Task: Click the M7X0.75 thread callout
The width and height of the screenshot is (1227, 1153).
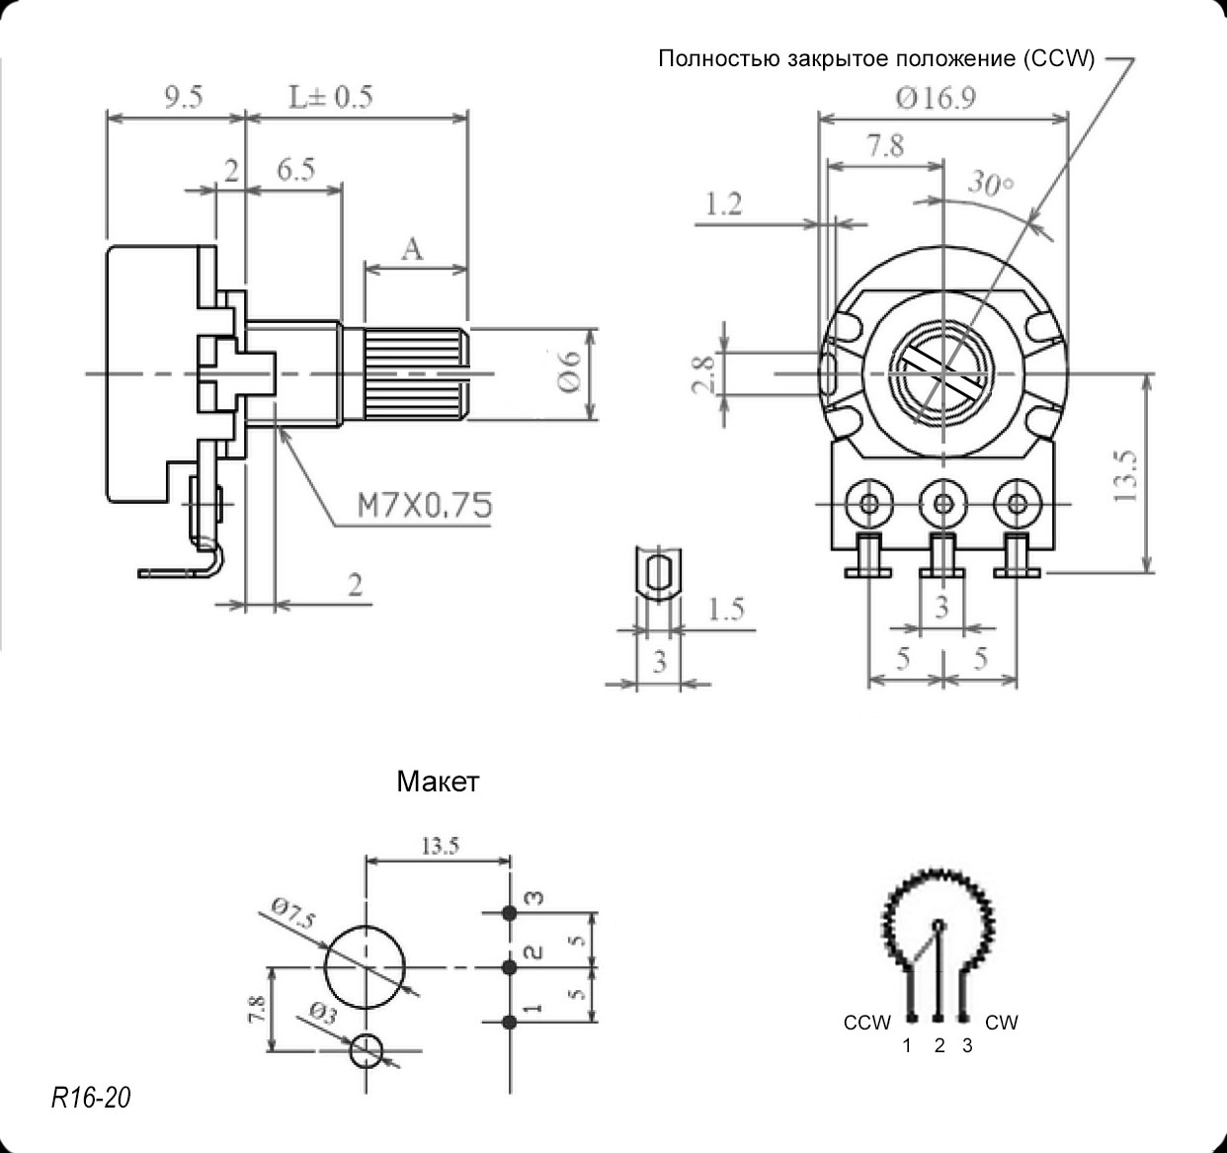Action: pyautogui.click(x=424, y=506)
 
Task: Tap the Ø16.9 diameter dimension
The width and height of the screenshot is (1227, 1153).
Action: pyautogui.click(x=936, y=98)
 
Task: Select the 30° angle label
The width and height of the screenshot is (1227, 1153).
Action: pyautogui.click(x=991, y=184)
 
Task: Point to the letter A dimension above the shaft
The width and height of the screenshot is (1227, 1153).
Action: pyautogui.click(x=412, y=248)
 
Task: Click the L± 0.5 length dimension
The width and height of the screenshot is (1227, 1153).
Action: pyautogui.click(x=330, y=97)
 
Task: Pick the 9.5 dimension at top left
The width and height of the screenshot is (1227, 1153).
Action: pyautogui.click(x=184, y=97)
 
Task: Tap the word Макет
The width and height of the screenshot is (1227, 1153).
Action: pyautogui.click(x=438, y=782)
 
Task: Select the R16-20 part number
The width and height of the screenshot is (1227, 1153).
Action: pyautogui.click(x=90, y=1097)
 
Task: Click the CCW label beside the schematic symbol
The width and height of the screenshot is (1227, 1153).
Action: pyautogui.click(x=866, y=1023)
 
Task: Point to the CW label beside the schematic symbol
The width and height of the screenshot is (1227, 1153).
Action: pyautogui.click(x=1001, y=1023)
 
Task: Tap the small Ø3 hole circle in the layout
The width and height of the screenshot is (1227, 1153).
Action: pyautogui.click(x=368, y=1050)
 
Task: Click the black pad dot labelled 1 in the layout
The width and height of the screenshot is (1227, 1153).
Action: pyautogui.click(x=510, y=1021)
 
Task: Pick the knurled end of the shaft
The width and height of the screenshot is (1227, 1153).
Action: pyautogui.click(x=414, y=374)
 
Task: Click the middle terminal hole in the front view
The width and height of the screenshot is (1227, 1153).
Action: pyautogui.click(x=943, y=505)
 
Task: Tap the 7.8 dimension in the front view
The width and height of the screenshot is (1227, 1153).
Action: pyautogui.click(x=884, y=146)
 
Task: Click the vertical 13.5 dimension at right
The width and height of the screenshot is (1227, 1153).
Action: pyautogui.click(x=1126, y=477)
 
